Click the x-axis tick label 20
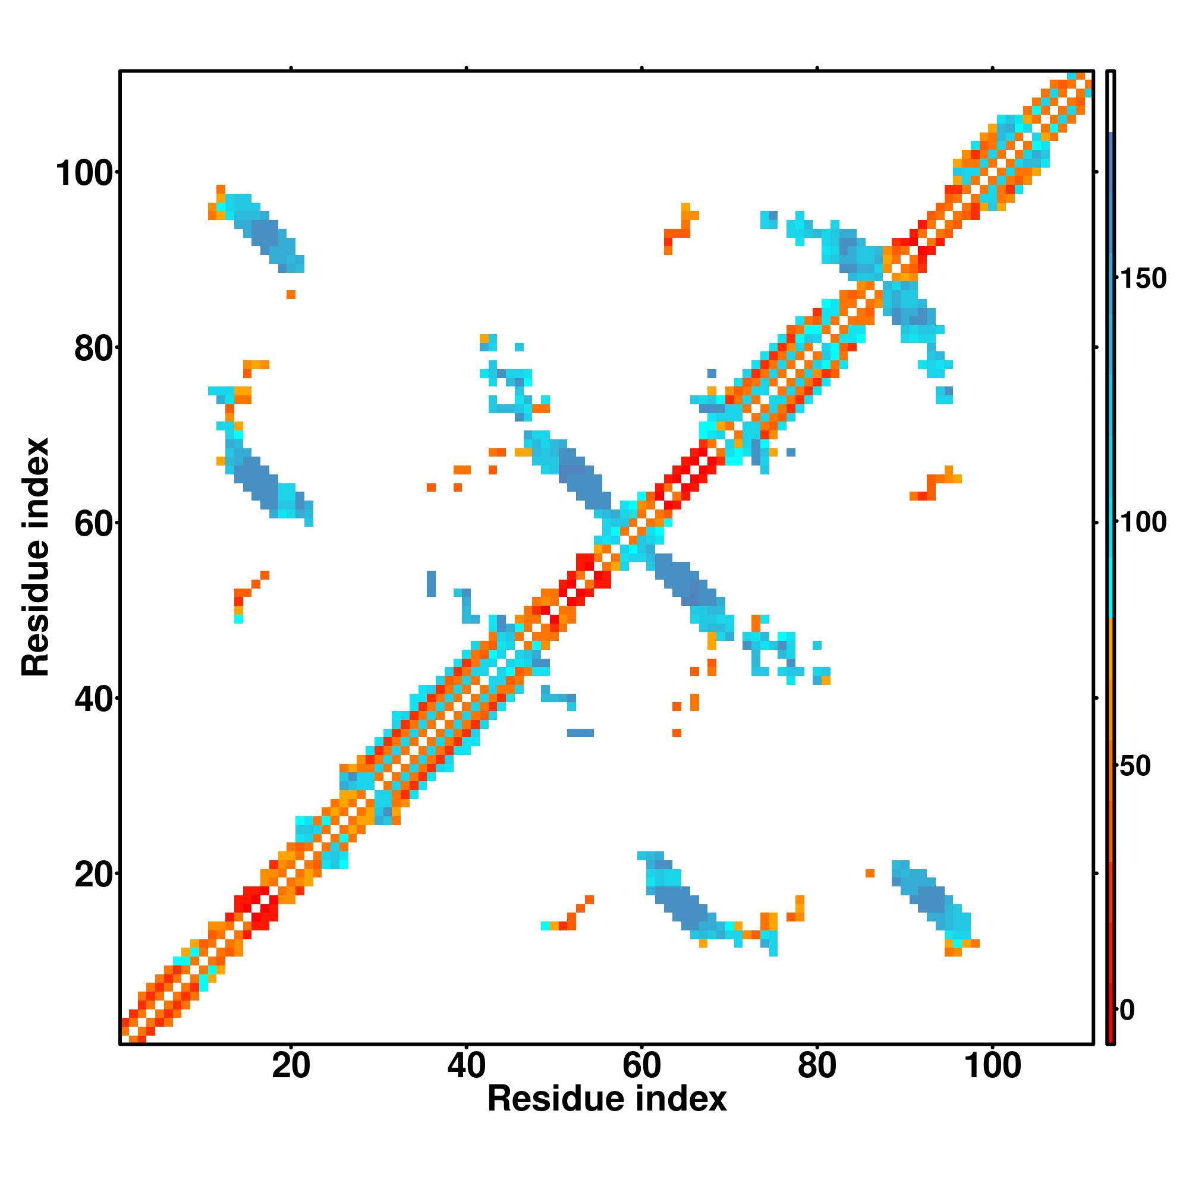click(x=291, y=1066)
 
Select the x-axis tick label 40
click(x=466, y=1066)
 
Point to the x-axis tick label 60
click(x=641, y=1066)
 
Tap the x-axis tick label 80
click(x=817, y=1066)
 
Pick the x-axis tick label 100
click(x=992, y=1066)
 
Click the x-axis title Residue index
click(x=607, y=1099)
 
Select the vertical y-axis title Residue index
click(x=36, y=557)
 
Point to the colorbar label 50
click(x=1135, y=766)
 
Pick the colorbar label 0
click(x=1127, y=1010)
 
